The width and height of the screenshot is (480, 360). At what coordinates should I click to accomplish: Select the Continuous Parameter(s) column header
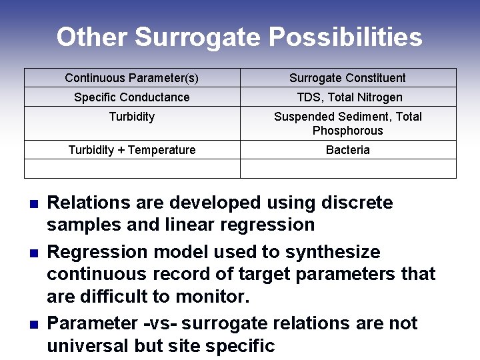pyautogui.click(x=132, y=78)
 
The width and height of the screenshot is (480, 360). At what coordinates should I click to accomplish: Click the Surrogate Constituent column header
pyautogui.click(x=347, y=78)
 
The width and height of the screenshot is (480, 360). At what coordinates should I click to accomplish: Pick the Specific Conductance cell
pyautogui.click(x=132, y=97)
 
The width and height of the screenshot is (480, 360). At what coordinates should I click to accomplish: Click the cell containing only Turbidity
pyautogui.click(x=132, y=117)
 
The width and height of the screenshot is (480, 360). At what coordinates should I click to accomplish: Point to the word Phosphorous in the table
pyautogui.click(x=348, y=131)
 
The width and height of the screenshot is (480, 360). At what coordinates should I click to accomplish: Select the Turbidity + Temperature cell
pyautogui.click(x=132, y=150)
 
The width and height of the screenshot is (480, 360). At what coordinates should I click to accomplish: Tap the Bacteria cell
pyautogui.click(x=347, y=150)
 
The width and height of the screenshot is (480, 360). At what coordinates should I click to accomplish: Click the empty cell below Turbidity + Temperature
pyautogui.click(x=132, y=169)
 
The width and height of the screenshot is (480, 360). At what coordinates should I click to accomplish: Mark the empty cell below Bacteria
pyautogui.click(x=347, y=169)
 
